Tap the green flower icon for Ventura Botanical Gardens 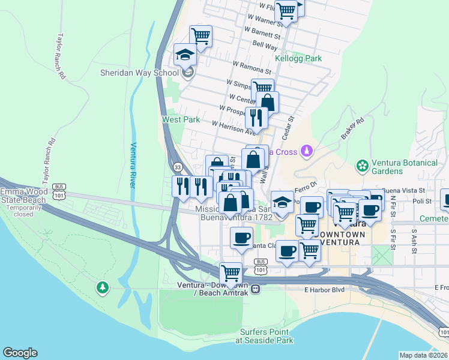(x=362, y=164)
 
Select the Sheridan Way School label (x=139, y=73)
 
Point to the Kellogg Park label (x=298, y=58)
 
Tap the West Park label (x=181, y=119)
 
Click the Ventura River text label (x=134, y=164)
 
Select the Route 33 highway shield (x=177, y=167)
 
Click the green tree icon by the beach (x=103, y=289)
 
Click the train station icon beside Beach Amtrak (x=256, y=289)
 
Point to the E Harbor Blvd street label (x=324, y=290)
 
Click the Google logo (x=20, y=353)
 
